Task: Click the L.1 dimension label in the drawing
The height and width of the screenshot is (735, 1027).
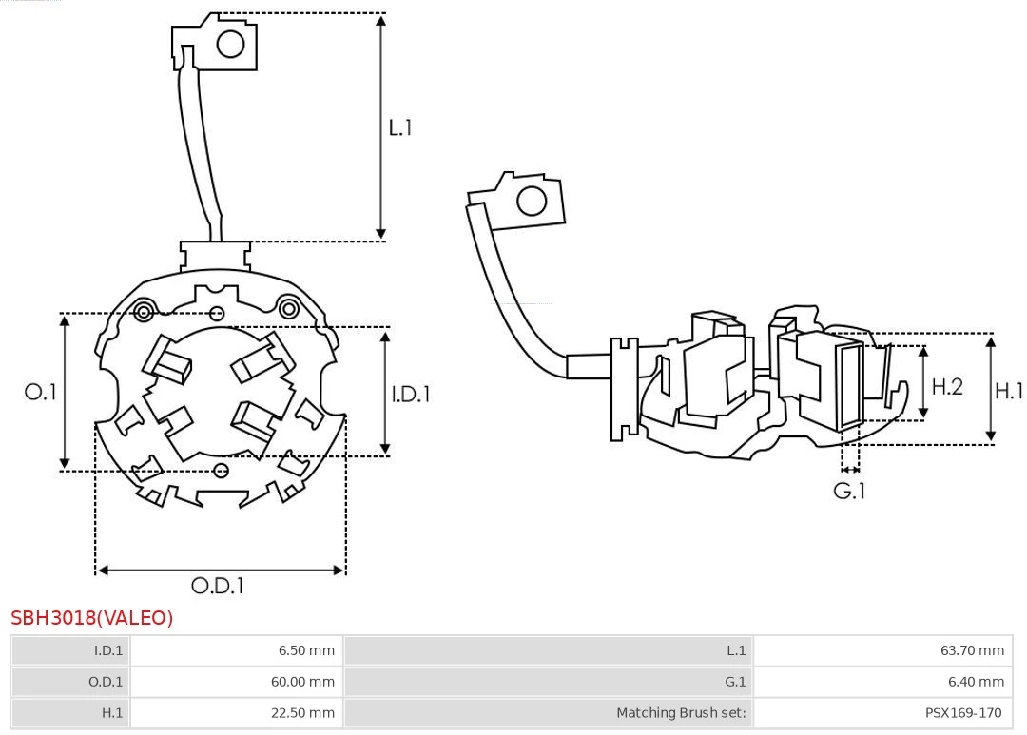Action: click(x=400, y=127)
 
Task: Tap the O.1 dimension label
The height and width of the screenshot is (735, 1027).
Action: click(x=40, y=392)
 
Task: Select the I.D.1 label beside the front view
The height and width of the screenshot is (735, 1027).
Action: click(x=411, y=394)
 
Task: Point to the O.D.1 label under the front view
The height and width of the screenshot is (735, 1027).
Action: click(x=218, y=586)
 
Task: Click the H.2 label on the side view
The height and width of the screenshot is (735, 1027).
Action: click(x=947, y=386)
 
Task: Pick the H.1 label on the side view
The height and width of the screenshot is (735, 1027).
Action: click(x=1009, y=390)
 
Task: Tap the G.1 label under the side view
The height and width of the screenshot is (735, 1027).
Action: click(x=849, y=491)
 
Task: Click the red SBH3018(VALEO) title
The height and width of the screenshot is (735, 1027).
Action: click(x=92, y=618)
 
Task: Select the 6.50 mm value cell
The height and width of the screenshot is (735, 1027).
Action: click(x=236, y=650)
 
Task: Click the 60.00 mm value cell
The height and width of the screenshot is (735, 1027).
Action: click(x=236, y=682)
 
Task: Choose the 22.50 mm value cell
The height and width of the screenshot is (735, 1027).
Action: click(x=236, y=712)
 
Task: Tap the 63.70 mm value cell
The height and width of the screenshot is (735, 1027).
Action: click(x=882, y=650)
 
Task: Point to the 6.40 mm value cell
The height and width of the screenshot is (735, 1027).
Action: click(x=882, y=682)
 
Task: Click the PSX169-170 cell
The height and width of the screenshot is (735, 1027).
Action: click(x=882, y=712)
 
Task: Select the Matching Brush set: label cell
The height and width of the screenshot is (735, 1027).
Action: click(x=548, y=712)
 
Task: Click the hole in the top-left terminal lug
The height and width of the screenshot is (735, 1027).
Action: click(x=231, y=44)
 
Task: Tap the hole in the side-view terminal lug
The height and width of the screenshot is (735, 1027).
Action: click(x=532, y=202)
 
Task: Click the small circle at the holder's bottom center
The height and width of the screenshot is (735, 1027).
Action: click(x=222, y=470)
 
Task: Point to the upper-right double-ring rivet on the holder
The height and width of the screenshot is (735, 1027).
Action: click(x=288, y=307)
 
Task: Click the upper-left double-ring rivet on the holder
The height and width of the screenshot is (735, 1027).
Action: click(x=145, y=311)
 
